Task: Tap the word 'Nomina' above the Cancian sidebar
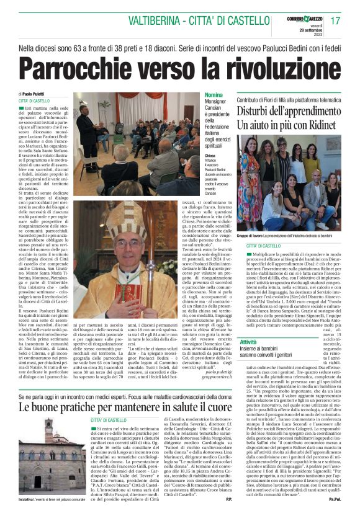pos(213,94)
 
